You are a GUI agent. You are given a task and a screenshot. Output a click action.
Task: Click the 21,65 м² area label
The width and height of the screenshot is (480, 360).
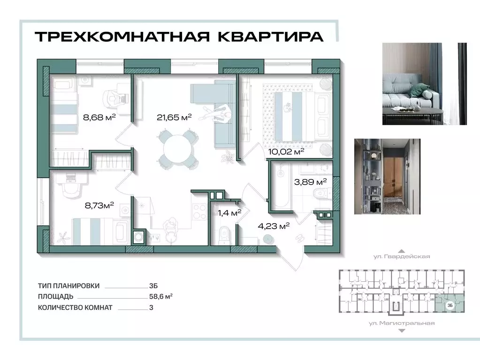coord(174,118)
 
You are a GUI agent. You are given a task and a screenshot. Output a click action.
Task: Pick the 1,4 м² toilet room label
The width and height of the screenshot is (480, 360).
coord(229,212)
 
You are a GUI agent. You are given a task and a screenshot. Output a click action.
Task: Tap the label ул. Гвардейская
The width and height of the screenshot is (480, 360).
coord(401,256)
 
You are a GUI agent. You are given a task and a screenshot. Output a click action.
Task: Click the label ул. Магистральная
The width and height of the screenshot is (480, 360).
coord(401,323)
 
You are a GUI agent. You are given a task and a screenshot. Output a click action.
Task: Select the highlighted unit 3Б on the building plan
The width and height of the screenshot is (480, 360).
coord(449,305)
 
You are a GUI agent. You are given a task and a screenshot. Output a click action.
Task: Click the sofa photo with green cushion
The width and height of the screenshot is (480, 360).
coord(425,83)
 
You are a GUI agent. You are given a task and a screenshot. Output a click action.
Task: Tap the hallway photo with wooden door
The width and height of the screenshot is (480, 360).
coord(387,176)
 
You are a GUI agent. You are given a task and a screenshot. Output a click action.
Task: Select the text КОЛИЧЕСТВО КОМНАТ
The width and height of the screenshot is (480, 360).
coord(76,307)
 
